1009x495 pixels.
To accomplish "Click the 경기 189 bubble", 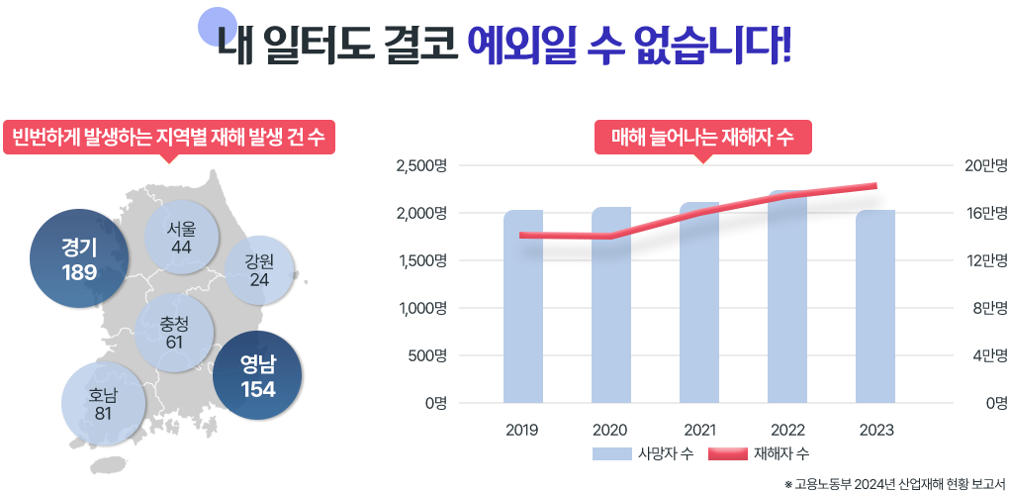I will point(79,257).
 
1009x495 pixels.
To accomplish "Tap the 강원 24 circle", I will point(260,270).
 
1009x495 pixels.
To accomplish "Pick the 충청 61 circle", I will point(175,333).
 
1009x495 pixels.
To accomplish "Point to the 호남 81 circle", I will point(103,403).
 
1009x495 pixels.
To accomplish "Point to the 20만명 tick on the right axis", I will point(985,165).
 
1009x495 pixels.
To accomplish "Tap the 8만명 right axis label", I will point(987,308).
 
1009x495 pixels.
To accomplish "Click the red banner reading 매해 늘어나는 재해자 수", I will point(702,137).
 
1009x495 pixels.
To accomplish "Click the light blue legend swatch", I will point(611,453).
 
